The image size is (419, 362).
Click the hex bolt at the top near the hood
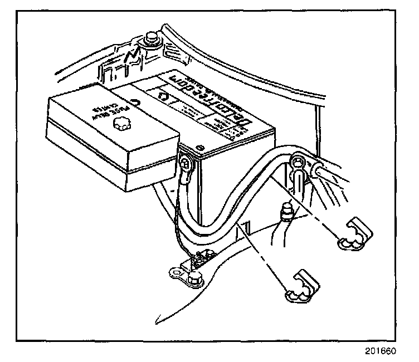(150, 40)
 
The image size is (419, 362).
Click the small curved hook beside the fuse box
(134, 102)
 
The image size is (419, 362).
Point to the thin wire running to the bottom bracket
(179, 223)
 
